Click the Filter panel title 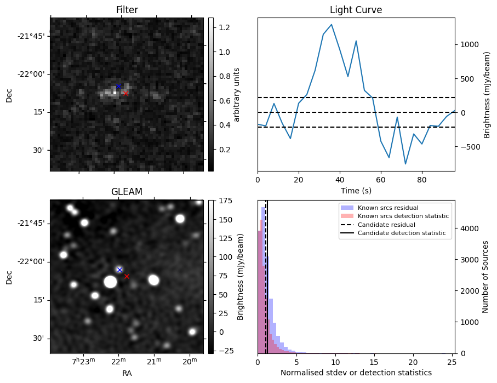127,10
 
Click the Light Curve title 356,10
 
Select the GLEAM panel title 127,192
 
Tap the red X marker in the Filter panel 125,94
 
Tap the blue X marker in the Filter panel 118,86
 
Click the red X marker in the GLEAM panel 127,276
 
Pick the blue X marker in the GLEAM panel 119,270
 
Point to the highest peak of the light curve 332,24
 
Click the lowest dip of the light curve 405,164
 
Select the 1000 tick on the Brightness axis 469,44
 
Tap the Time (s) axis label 356,189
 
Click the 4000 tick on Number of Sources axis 469,228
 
